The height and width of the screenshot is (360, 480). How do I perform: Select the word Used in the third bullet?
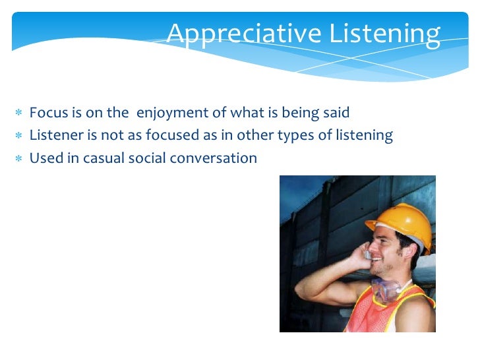coord(44,159)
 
